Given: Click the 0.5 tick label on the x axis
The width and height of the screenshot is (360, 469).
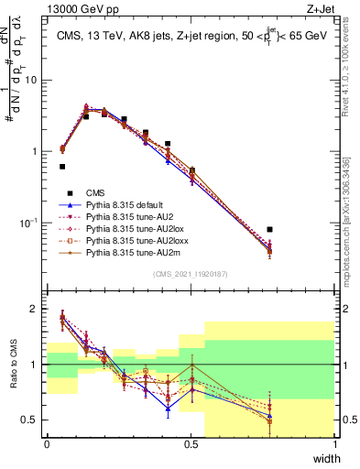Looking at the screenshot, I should click(191, 443).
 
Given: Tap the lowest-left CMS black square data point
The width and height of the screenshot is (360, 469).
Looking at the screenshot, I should click(62, 167).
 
